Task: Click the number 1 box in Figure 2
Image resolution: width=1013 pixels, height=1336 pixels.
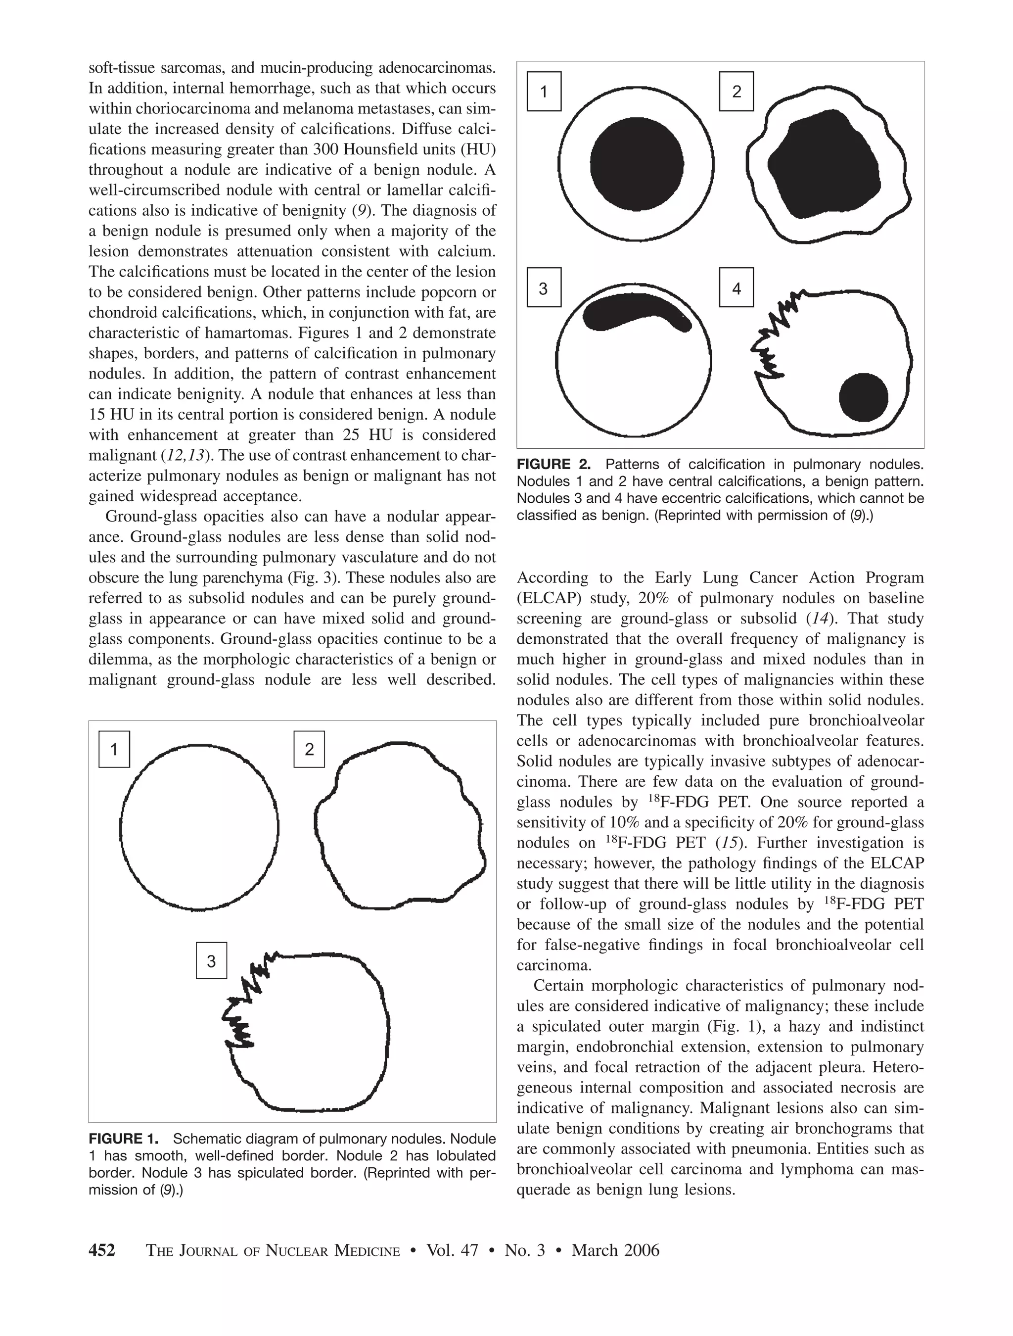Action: point(544,92)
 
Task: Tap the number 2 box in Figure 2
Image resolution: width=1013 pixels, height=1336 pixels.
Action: point(736,92)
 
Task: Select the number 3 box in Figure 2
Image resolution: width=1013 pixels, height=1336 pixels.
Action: point(544,287)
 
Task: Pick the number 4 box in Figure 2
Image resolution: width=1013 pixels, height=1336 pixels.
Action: point(736,287)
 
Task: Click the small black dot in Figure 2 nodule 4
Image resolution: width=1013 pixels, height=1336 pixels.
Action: point(863,397)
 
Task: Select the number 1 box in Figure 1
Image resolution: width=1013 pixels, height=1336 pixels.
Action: point(114,749)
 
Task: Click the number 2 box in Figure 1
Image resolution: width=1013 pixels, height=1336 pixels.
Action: point(309,749)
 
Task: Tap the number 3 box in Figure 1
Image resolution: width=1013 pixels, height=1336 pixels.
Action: point(211,960)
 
